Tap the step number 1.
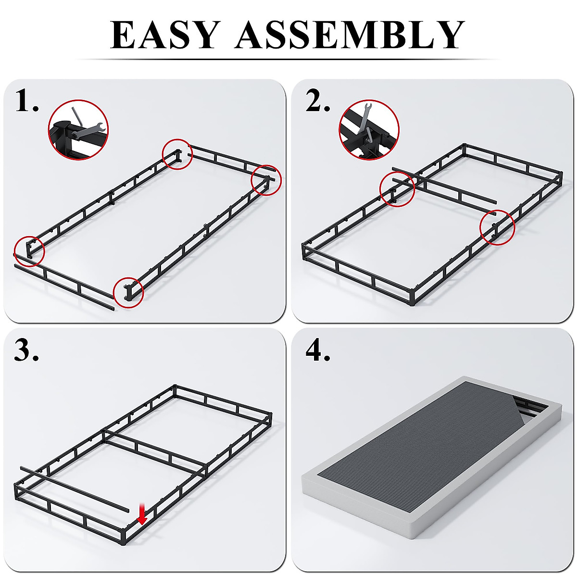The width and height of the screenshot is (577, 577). tap(27, 101)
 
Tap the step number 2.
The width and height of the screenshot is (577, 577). tap(318, 101)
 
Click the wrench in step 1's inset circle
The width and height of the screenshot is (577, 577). tap(90, 127)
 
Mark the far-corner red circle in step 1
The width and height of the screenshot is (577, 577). tap(177, 154)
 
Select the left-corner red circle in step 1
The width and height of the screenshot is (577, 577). tap(29, 251)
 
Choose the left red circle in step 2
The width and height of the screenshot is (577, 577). tap(397, 189)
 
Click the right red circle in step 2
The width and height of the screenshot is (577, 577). tap(497, 227)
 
